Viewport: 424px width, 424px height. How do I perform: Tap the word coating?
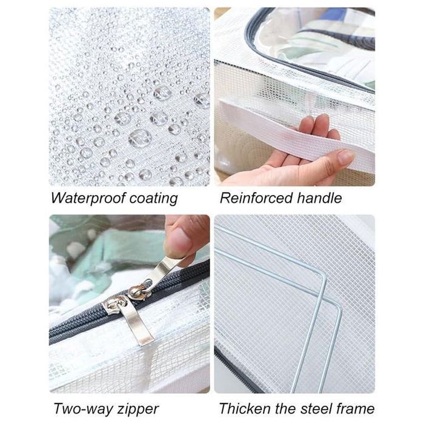tap(153, 199)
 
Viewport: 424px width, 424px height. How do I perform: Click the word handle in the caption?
tap(319, 197)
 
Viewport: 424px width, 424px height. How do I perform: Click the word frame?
tap(356, 408)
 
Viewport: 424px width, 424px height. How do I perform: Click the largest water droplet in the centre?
tap(139, 138)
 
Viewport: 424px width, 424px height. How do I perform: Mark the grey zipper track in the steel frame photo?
tap(235, 371)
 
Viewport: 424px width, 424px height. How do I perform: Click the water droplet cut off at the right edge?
tap(202, 100)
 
